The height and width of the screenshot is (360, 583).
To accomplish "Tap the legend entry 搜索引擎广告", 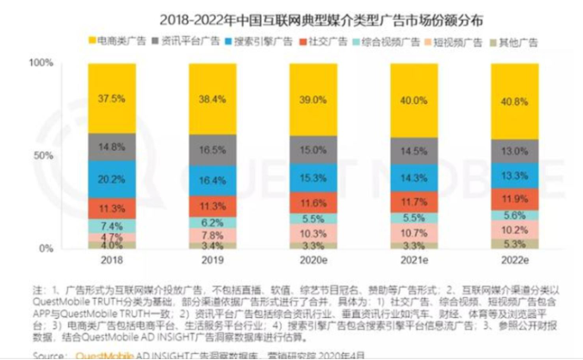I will point(251,40).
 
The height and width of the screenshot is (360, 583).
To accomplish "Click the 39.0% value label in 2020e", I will point(305,101).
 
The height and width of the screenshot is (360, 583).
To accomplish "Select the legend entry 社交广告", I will point(314,40).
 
